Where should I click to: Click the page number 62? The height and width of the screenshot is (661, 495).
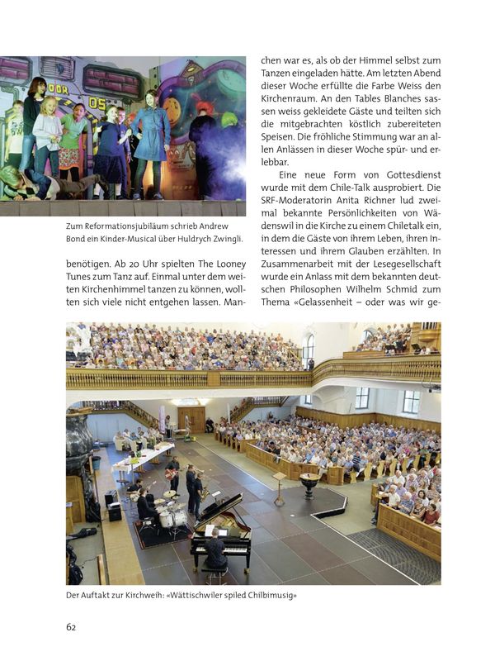pos(71,626)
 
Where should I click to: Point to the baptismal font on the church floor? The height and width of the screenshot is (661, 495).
pos(311,483)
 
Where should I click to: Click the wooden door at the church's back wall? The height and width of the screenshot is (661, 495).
pos(191,417)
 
